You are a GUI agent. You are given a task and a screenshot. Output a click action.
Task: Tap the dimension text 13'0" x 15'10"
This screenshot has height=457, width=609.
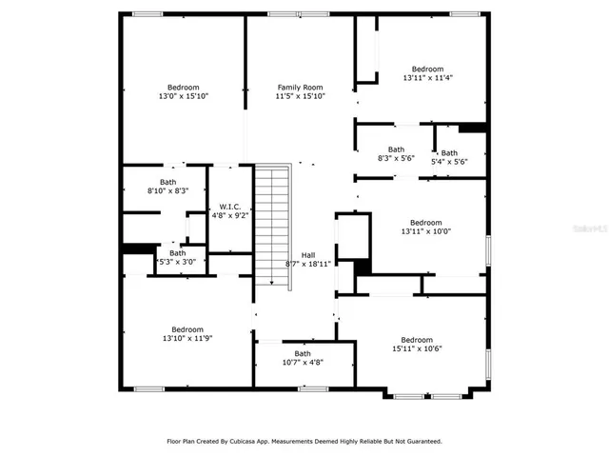pyautogui.click(x=183, y=96)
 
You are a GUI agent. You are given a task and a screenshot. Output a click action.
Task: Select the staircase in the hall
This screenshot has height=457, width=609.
pyautogui.click(x=272, y=224)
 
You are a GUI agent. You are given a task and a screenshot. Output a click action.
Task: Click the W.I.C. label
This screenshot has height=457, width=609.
pyautogui.click(x=229, y=207)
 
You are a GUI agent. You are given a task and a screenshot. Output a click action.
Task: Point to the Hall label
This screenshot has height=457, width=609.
pyautogui.click(x=308, y=254)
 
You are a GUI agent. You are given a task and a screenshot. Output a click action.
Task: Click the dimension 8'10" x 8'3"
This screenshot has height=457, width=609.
pyautogui.click(x=167, y=191)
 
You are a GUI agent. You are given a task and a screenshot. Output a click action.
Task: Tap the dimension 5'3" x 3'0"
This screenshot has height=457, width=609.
pyautogui.click(x=177, y=262)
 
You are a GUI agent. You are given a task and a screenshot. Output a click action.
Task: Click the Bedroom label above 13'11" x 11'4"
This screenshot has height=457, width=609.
pyautogui.click(x=427, y=69)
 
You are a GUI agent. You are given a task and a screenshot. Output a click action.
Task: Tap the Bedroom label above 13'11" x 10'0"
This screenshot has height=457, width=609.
pyautogui.click(x=426, y=222)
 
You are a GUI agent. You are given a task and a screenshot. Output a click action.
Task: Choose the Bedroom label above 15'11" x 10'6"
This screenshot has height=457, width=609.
pyautogui.click(x=417, y=340)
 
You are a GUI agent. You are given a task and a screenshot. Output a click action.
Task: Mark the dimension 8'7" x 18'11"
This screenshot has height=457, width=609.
pyautogui.click(x=308, y=264)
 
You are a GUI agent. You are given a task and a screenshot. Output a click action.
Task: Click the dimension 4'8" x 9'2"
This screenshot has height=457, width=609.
pyautogui.click(x=229, y=216)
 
